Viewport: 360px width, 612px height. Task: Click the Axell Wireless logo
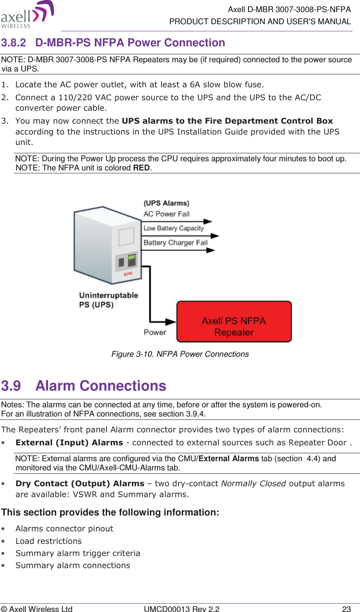28,15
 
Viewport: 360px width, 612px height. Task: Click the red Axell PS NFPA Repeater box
234,322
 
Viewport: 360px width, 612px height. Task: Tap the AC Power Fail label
166,214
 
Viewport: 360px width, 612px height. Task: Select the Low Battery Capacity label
173,228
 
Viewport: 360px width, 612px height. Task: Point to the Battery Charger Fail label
175,243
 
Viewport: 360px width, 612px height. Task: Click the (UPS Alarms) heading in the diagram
166,203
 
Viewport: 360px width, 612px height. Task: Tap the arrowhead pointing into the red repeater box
171,322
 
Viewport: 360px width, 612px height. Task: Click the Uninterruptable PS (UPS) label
108,300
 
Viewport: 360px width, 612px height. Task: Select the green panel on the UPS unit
132,260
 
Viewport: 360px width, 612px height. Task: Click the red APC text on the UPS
128,274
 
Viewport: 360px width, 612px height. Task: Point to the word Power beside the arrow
155,333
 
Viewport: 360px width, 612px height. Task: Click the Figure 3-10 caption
180,354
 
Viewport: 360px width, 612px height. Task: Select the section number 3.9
11,386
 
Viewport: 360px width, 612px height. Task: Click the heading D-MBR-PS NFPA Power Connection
130,43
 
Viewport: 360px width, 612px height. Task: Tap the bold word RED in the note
141,168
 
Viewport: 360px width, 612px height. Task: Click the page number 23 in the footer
346,609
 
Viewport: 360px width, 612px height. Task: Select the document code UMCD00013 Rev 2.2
181,609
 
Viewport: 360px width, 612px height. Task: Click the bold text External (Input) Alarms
69,442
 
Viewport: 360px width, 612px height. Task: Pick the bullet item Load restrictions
48,541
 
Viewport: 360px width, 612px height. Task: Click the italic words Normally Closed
253,483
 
